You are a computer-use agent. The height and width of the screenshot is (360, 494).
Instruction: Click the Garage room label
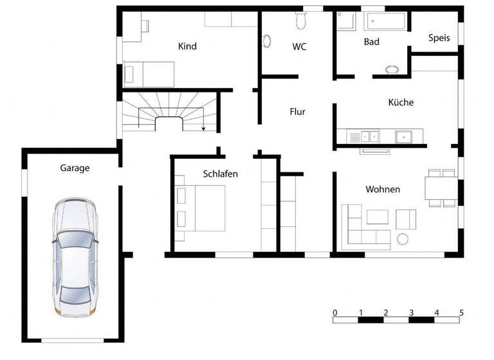coord(75,168)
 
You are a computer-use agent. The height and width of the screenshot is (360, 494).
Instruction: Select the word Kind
coord(187,46)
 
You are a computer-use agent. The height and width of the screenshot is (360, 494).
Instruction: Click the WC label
coord(299,46)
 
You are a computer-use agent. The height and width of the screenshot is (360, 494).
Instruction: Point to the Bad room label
coord(371,42)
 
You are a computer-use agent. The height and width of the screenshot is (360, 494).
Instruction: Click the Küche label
coord(401,102)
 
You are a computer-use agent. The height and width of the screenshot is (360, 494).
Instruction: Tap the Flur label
coord(297,112)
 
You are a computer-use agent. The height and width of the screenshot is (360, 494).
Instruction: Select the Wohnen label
coord(383,189)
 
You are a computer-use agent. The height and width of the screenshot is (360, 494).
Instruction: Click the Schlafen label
coord(221,174)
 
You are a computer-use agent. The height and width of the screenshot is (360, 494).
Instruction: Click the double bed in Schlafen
coord(201,208)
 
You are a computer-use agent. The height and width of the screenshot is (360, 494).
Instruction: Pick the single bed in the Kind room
coord(149,74)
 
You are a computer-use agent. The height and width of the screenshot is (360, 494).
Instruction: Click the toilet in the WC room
coord(300,21)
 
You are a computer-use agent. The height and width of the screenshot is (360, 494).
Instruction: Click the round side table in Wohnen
coord(403,240)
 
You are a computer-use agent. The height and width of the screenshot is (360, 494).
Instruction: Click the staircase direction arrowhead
coord(203,129)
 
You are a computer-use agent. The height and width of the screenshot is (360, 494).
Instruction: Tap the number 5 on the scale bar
coord(461,312)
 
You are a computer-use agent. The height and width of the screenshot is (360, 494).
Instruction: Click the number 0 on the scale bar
coord(335,312)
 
